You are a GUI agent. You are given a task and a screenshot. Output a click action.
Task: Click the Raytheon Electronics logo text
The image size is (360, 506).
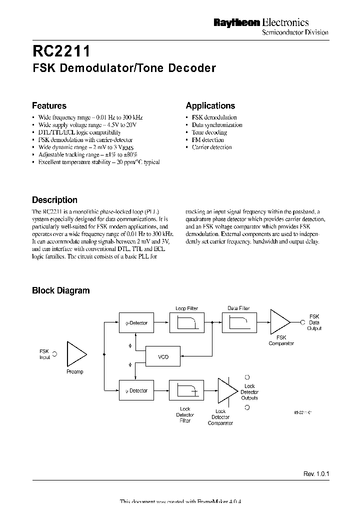pos(261,22)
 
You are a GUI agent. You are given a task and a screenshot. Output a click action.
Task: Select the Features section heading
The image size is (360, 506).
pos(49,105)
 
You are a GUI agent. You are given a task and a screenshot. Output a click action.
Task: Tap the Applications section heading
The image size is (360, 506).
pos(210,105)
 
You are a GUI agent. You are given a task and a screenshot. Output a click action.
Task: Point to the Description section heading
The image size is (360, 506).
pos(54,200)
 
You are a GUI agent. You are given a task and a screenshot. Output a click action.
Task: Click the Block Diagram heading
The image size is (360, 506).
pos(60,290)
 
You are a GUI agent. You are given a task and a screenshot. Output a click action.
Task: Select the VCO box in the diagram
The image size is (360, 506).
pos(163,357)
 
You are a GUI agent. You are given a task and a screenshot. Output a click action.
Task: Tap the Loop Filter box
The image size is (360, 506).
pos(187,323)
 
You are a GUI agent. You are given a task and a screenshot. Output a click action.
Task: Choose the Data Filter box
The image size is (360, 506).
pos(238,323)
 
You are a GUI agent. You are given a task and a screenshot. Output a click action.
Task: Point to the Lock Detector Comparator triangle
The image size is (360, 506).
pos(227,390)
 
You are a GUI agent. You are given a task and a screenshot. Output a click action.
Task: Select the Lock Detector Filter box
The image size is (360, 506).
pos(187,390)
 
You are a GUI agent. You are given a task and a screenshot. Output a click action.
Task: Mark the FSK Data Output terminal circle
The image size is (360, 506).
pos(302,322)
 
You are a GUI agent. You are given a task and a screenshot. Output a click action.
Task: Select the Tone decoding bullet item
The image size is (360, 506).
pos(209,132)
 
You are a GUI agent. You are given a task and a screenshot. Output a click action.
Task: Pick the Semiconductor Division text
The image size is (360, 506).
pos(295,32)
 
